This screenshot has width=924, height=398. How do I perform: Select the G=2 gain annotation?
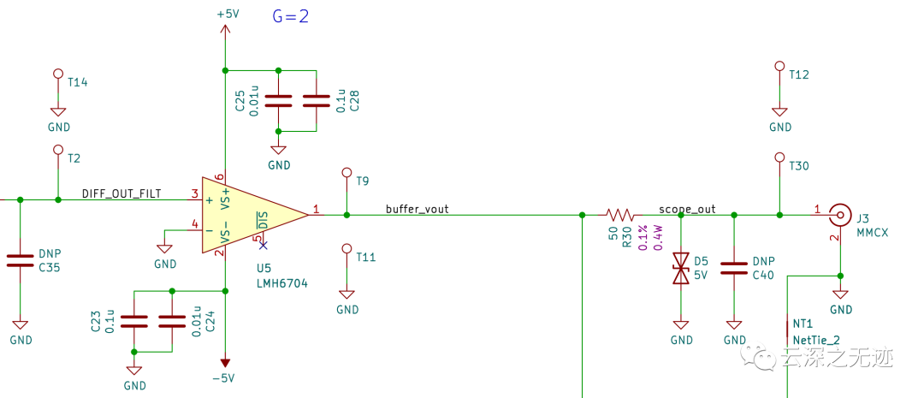tap(290, 16)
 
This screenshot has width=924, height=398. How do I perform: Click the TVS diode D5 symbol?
tap(681, 268)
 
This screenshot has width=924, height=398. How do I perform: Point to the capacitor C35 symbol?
tap(20, 261)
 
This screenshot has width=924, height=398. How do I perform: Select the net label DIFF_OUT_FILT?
tap(121, 193)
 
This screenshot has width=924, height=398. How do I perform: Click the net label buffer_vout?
tap(417, 208)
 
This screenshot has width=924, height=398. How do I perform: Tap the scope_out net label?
tap(687, 208)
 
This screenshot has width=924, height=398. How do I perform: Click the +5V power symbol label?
tap(228, 15)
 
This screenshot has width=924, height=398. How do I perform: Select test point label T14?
tap(77, 82)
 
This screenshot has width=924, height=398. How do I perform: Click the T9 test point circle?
tap(346, 173)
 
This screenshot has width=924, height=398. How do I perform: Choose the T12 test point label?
tap(799, 74)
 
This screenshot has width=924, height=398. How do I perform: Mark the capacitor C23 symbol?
tap(134, 322)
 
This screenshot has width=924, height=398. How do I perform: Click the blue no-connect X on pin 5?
tap(262, 246)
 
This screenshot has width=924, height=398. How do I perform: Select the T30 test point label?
tap(799, 166)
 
